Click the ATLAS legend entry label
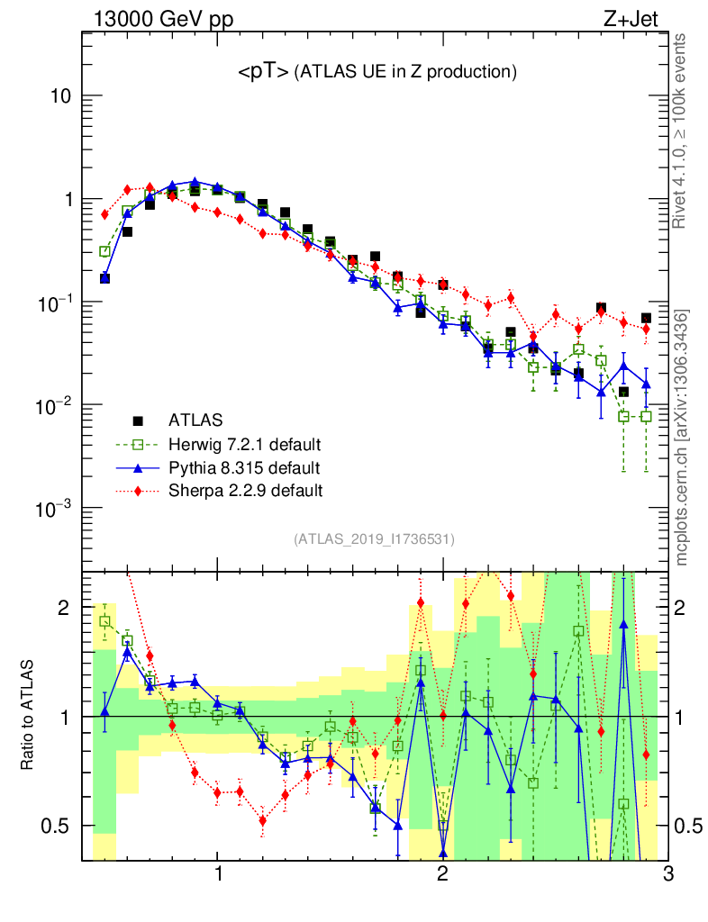(x=196, y=420)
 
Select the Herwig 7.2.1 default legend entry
(x=244, y=444)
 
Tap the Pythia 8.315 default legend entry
(x=244, y=467)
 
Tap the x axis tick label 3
(x=667, y=874)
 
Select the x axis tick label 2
(x=442, y=874)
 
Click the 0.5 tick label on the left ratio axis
(x=54, y=826)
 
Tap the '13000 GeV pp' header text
(x=162, y=17)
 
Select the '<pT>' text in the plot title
(x=263, y=70)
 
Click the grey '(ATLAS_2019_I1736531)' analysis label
(x=374, y=539)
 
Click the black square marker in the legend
(x=138, y=420)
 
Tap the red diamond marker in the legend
(x=138, y=491)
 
